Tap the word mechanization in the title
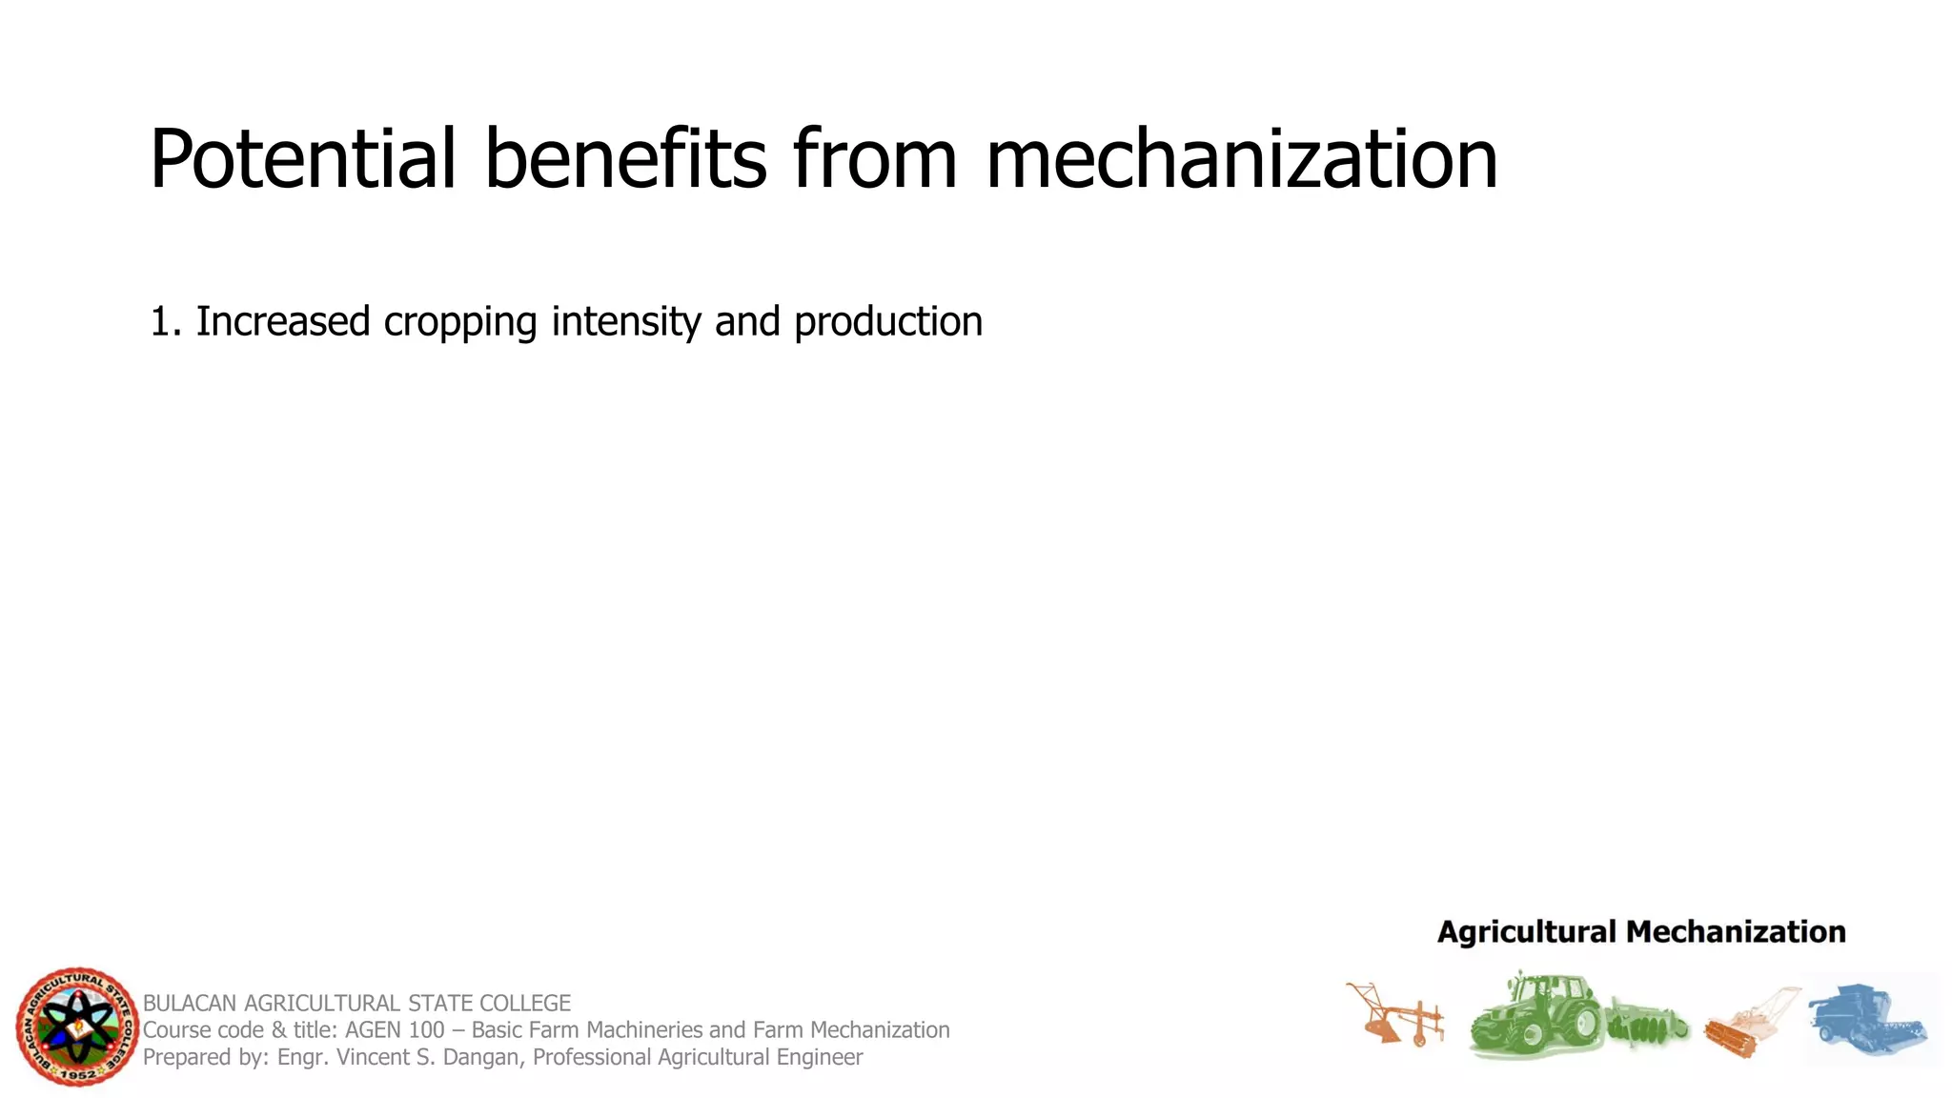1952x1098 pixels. (1241, 160)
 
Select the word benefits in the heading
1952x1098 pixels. (624, 160)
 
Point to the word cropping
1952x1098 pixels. (459, 322)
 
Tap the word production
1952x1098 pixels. (887, 322)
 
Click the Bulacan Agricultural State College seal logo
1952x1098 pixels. (77, 1027)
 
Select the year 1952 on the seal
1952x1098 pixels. (78, 1075)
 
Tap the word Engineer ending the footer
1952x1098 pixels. (820, 1057)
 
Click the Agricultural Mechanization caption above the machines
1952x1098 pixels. (1641, 932)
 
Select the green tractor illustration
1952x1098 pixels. (1535, 1015)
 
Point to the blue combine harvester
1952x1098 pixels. (1866, 1020)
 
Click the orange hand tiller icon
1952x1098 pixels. (1749, 1025)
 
